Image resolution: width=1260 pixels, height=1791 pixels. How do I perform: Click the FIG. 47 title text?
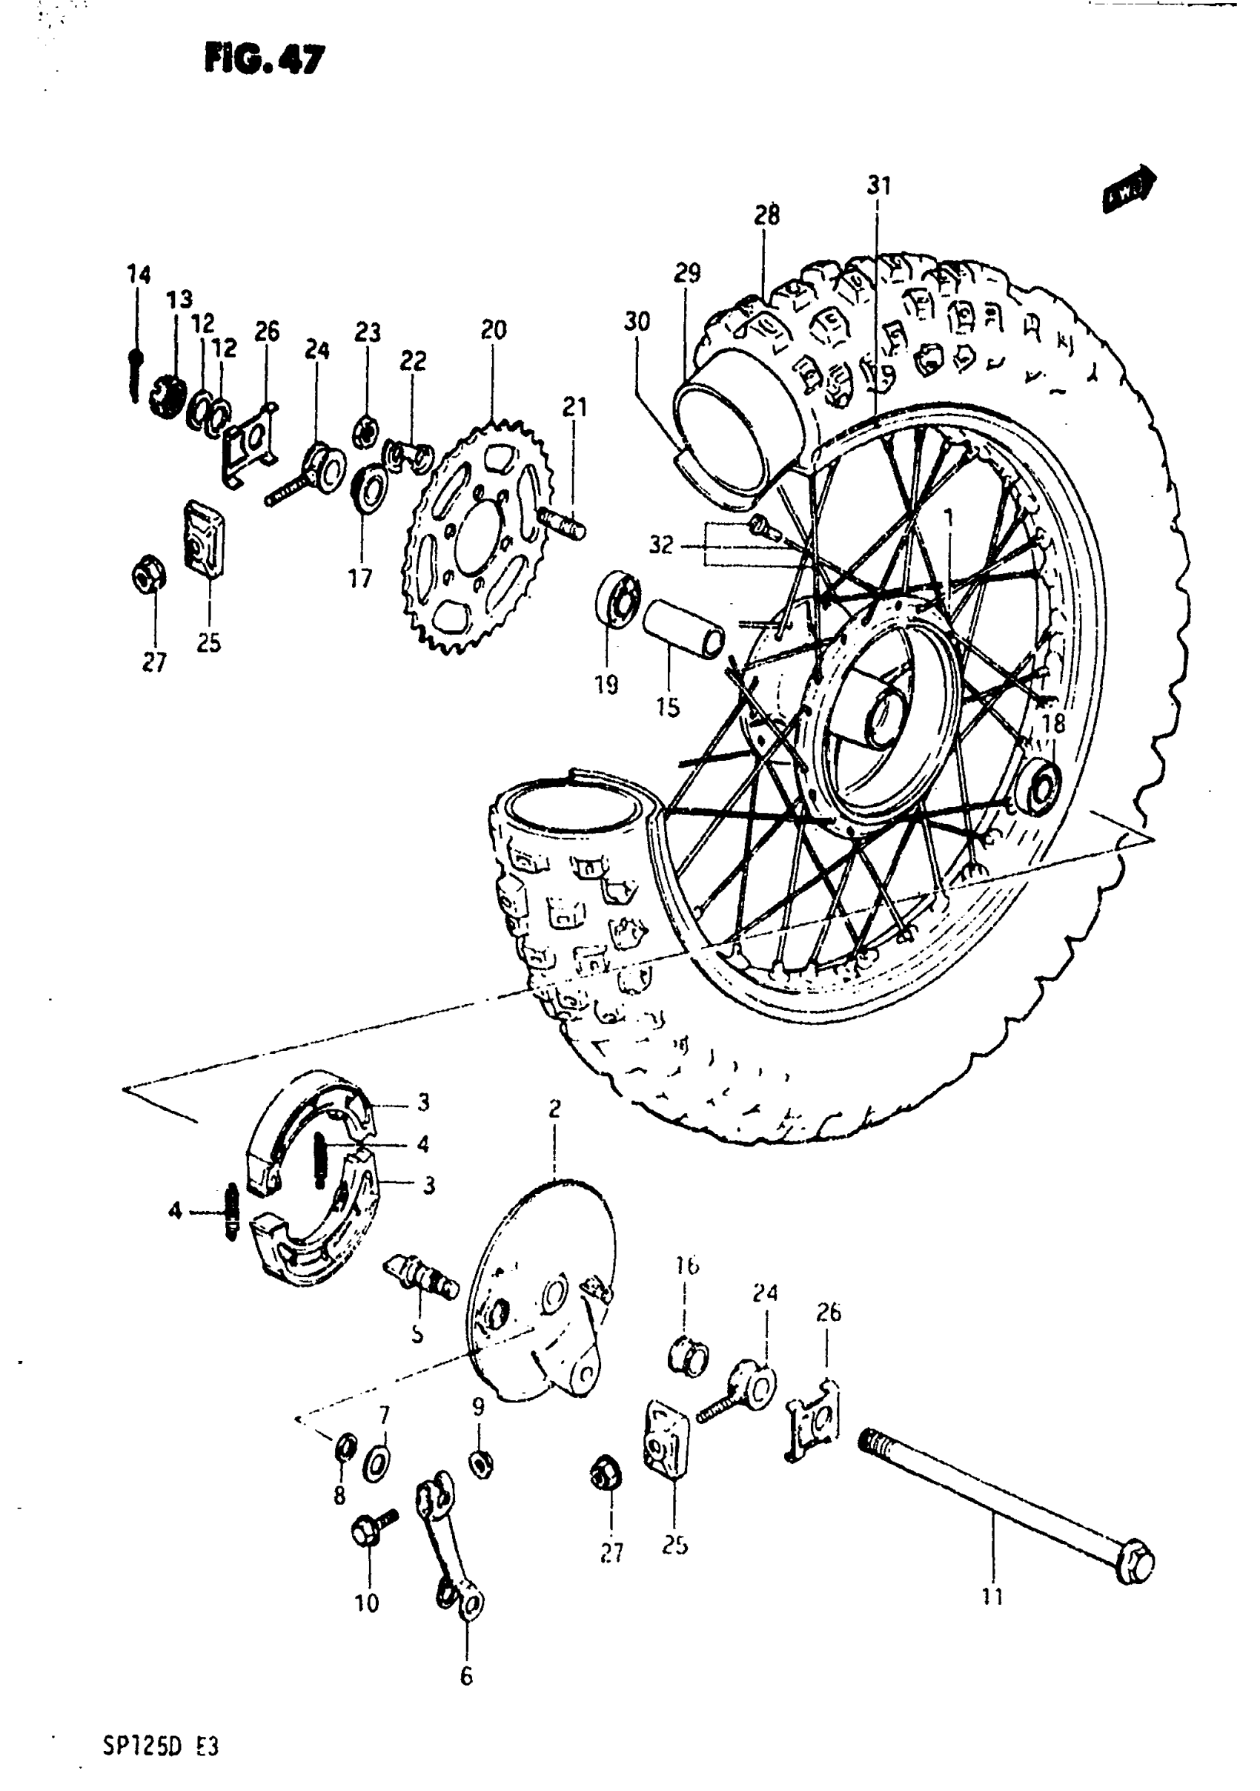pyautogui.click(x=264, y=60)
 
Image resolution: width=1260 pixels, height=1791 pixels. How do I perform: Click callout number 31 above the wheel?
pyautogui.click(x=879, y=185)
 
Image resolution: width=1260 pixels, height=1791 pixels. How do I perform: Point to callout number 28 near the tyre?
pyautogui.click(x=766, y=215)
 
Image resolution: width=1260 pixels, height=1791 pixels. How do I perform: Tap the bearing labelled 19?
pyautogui.click(x=617, y=597)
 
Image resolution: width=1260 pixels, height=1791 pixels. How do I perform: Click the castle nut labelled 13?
pyautogui.click(x=166, y=396)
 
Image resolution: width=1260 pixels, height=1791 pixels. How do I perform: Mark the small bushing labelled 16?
pyautogui.click(x=689, y=1355)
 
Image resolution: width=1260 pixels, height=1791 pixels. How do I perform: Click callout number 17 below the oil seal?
pyautogui.click(x=359, y=578)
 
